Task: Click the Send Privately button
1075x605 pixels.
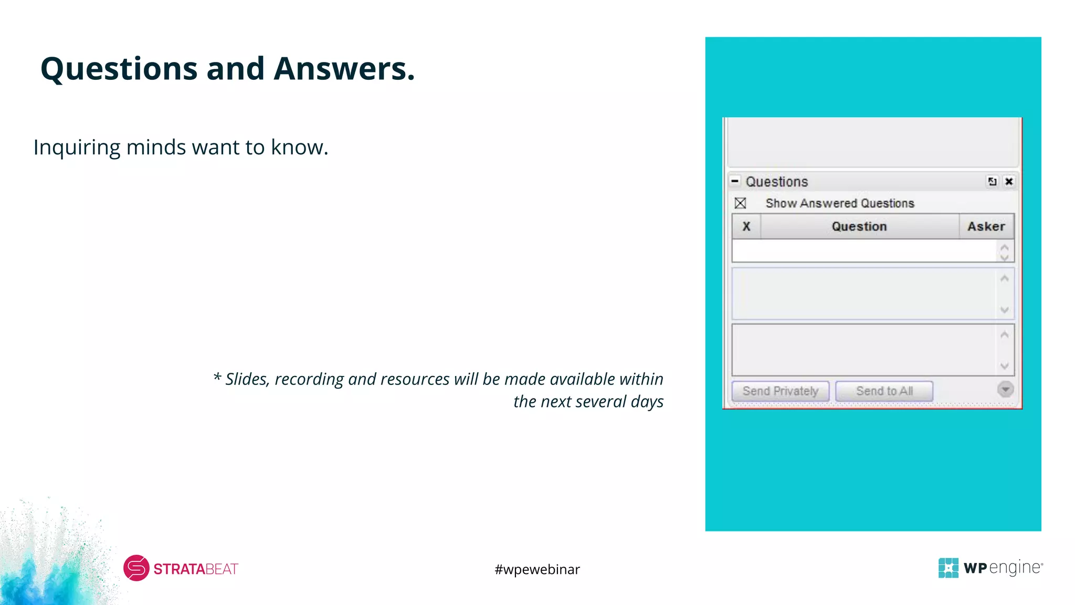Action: pyautogui.click(x=780, y=391)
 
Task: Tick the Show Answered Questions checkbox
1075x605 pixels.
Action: pyautogui.click(x=740, y=203)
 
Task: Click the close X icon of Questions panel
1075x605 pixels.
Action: pyautogui.click(x=1008, y=182)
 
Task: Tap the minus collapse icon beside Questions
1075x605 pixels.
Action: pyautogui.click(x=735, y=181)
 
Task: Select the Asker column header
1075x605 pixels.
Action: pyautogui.click(x=986, y=226)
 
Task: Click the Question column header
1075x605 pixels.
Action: pyautogui.click(x=859, y=226)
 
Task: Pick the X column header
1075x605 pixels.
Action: pyautogui.click(x=746, y=226)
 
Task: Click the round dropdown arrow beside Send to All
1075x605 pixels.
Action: pyautogui.click(x=1005, y=389)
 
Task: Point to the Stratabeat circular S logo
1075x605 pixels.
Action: pyautogui.click(x=136, y=568)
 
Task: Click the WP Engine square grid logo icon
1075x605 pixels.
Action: pyautogui.click(x=948, y=568)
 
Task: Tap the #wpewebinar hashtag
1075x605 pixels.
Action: pyautogui.click(x=537, y=569)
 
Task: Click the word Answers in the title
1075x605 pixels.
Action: pyautogui.click(x=344, y=69)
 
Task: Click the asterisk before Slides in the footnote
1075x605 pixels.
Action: pyautogui.click(x=217, y=378)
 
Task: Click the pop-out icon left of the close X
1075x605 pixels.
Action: pyautogui.click(x=992, y=182)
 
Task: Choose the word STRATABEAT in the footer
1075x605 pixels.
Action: pyautogui.click(x=196, y=569)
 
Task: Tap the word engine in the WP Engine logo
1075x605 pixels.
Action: pyautogui.click(x=1015, y=568)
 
